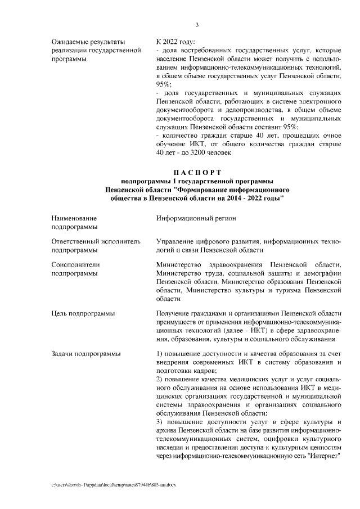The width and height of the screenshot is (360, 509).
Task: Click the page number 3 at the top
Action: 196,24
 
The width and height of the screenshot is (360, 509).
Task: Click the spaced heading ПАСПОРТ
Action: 197,172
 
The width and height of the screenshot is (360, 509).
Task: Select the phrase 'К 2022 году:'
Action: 175,42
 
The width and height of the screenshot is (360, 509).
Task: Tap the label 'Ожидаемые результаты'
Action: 87,42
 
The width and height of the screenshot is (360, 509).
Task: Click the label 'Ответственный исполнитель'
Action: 95,241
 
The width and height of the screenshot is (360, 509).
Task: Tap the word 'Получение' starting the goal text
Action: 174,313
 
